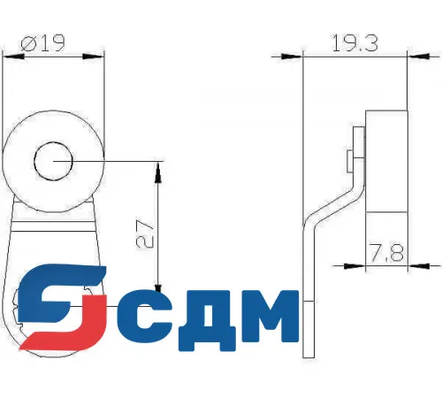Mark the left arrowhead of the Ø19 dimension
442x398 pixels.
[8, 56]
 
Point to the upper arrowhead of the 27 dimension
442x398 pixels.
[156, 168]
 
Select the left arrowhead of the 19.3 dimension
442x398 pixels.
[309, 54]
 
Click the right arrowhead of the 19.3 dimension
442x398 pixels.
[402, 54]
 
